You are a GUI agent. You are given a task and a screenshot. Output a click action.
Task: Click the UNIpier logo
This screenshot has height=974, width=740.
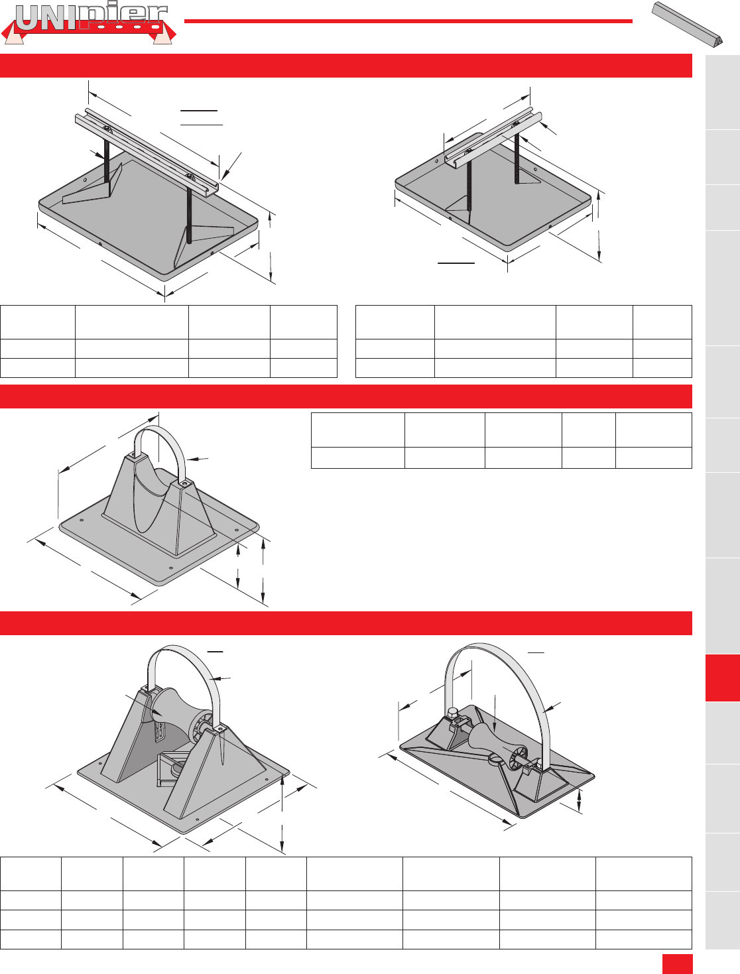coord(89,25)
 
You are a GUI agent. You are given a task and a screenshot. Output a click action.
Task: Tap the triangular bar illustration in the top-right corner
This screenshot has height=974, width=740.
coord(687,25)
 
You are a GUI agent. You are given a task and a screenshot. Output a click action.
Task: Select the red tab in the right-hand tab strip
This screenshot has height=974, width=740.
coord(723,678)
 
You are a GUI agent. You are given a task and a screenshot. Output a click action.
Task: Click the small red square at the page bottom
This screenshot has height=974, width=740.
coord(677,964)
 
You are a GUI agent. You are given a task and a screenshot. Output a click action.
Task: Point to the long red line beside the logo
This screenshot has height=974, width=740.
coord(408,21)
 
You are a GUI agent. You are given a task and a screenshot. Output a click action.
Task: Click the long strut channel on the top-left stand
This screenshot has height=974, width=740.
coord(147,151)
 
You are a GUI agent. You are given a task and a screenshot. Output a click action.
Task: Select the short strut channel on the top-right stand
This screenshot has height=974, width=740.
coord(493,137)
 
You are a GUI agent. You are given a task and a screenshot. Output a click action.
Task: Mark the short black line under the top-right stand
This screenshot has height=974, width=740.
coord(456,263)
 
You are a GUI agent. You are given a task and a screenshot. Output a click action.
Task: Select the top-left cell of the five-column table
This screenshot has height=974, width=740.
coord(357,430)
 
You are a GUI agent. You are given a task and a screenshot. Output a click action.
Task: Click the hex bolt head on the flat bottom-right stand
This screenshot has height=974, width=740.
coord(452,712)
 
